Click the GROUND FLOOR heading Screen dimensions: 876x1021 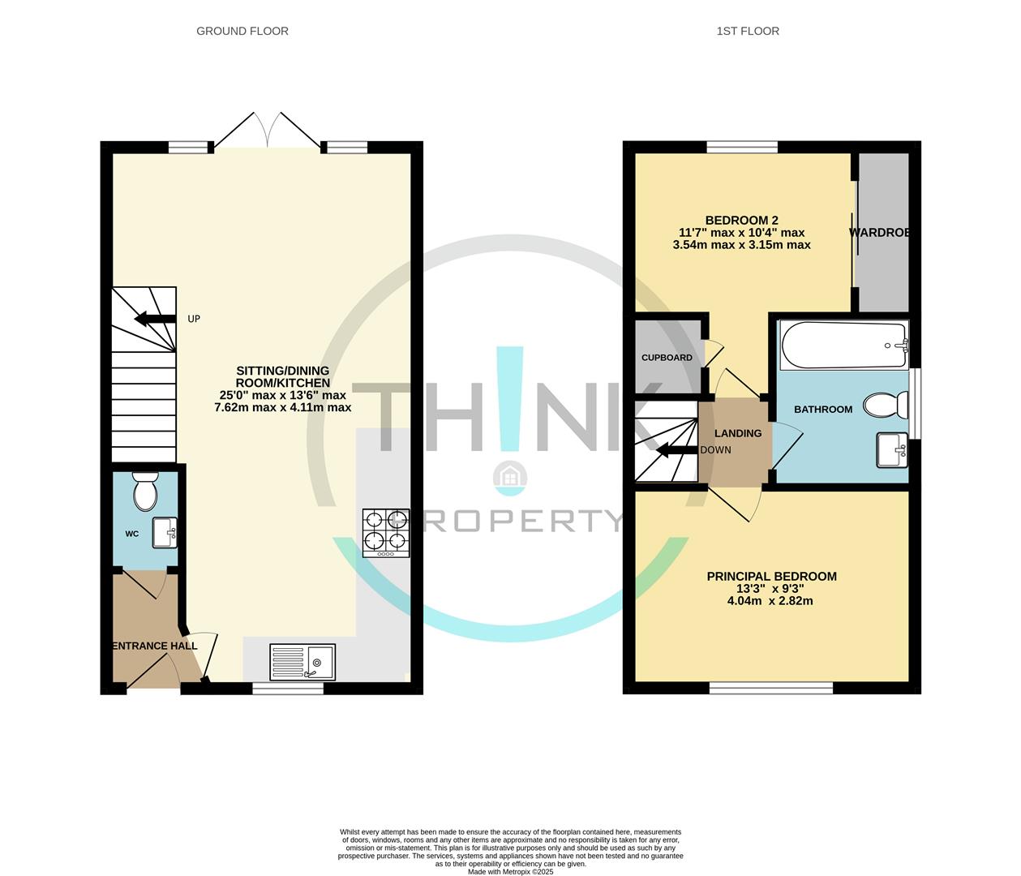click(x=242, y=31)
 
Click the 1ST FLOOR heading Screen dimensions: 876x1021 click(x=748, y=31)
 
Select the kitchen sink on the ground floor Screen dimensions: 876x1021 click(x=302, y=662)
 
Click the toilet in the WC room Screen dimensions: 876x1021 click(x=146, y=491)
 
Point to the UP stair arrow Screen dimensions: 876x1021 click(x=155, y=319)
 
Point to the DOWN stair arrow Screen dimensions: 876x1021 click(x=676, y=450)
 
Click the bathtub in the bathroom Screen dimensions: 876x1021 click(x=843, y=346)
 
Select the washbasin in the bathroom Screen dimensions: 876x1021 click(x=892, y=450)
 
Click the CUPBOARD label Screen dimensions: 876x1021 click(x=667, y=358)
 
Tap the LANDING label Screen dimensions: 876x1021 click(x=737, y=433)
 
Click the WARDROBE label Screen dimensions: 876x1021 click(x=879, y=233)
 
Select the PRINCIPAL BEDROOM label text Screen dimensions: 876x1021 click(x=771, y=577)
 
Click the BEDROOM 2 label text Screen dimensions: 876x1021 click(x=741, y=220)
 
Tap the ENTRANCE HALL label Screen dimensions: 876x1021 click(x=154, y=646)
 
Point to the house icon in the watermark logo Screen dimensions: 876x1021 click(x=511, y=477)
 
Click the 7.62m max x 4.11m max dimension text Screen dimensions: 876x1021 click(x=282, y=408)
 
